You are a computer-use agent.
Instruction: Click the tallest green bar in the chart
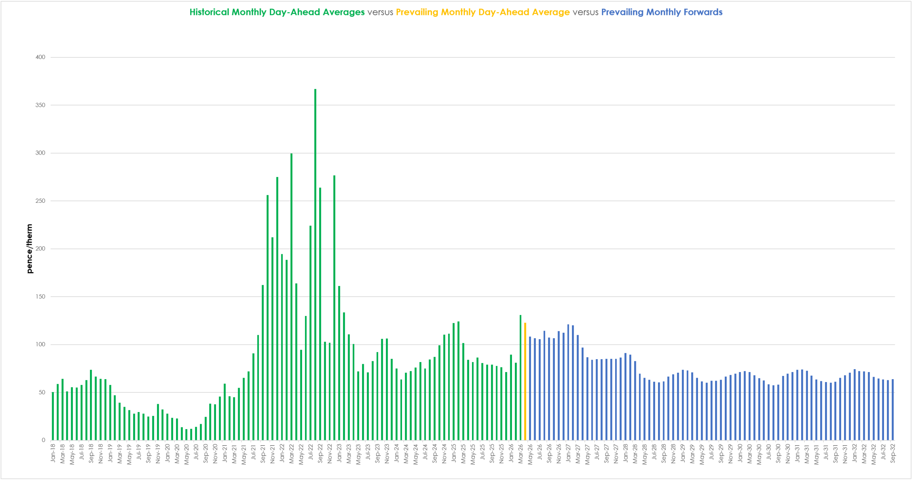point(315,264)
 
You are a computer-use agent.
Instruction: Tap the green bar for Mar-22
point(291,296)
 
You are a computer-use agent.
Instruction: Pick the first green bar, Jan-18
point(53,416)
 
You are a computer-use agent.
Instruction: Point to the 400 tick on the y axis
point(40,57)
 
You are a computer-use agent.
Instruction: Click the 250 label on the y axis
point(40,201)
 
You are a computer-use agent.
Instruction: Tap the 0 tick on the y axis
point(43,440)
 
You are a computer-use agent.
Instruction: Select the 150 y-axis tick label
point(40,297)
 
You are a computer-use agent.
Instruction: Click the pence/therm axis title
point(29,249)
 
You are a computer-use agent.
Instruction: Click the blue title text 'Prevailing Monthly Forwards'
point(662,12)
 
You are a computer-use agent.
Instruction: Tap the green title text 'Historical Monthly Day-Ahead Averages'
point(277,12)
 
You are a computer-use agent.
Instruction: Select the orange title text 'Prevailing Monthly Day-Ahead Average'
point(483,12)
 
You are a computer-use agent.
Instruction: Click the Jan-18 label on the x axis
point(53,453)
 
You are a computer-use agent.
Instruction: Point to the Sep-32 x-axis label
point(893,453)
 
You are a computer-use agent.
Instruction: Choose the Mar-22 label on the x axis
point(291,454)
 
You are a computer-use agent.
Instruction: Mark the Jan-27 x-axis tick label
point(568,453)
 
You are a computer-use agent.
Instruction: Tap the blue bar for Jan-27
point(568,382)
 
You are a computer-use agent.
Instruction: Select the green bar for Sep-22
point(320,314)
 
